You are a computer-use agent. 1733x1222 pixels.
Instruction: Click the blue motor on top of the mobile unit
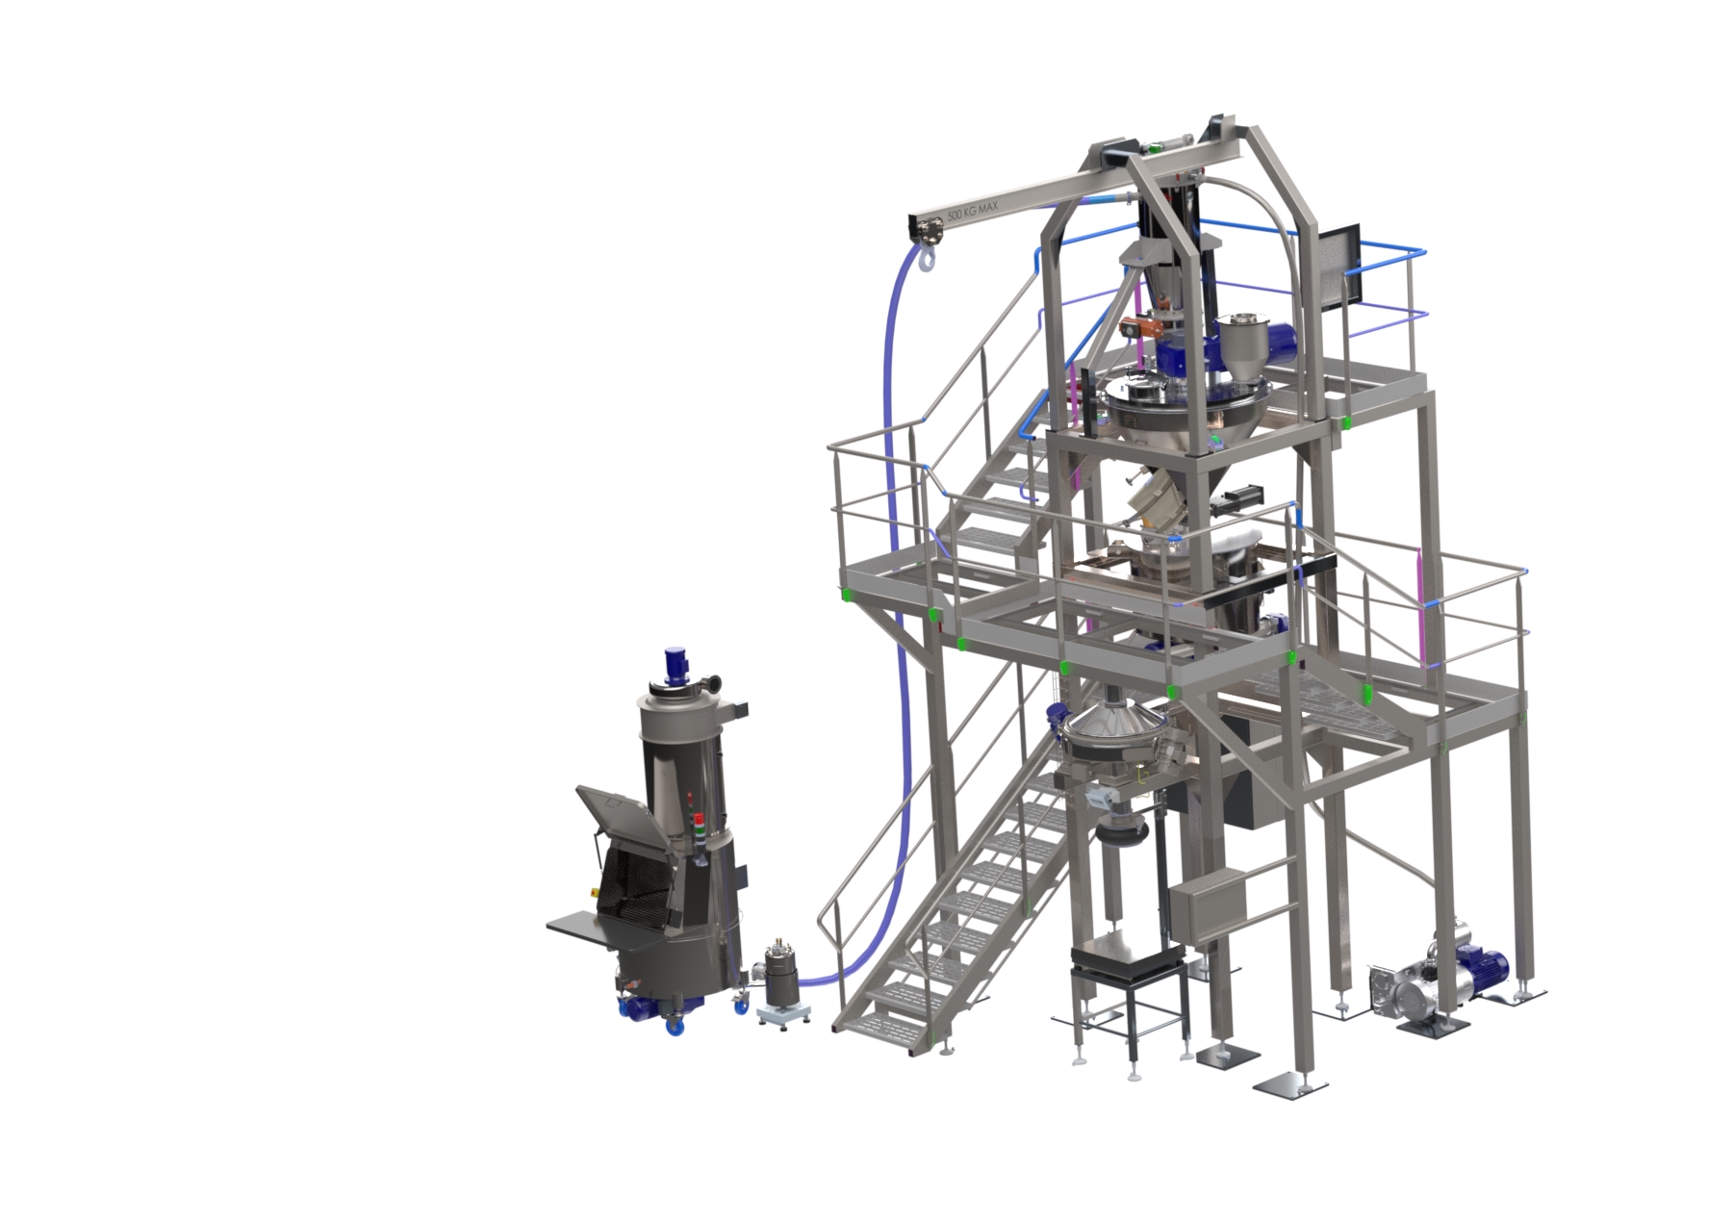(675, 665)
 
